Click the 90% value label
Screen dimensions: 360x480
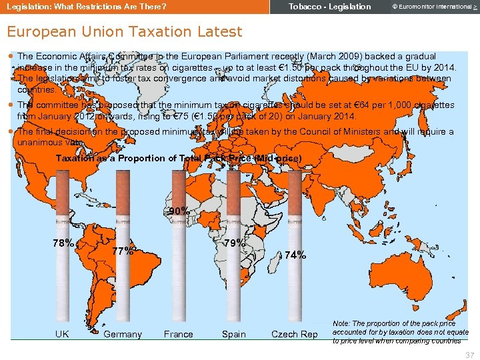tap(179, 211)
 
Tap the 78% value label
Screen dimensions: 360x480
tap(63, 243)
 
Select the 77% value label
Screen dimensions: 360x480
tap(123, 251)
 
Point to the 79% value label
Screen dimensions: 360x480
tap(233, 243)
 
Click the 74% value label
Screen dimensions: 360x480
tap(295, 255)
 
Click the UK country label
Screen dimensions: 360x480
tap(63, 334)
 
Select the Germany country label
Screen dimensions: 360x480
tap(123, 334)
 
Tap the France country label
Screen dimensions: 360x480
tap(179, 334)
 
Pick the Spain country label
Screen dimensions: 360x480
tap(233, 334)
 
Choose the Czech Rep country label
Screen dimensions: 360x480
tap(295, 334)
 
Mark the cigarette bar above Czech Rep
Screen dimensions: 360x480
tap(295, 267)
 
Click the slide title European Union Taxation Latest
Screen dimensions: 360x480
tap(124, 31)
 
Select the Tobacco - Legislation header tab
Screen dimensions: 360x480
tap(329, 7)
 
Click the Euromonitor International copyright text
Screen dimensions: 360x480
tap(427, 7)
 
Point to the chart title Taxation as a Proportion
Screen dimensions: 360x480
tap(178, 158)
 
